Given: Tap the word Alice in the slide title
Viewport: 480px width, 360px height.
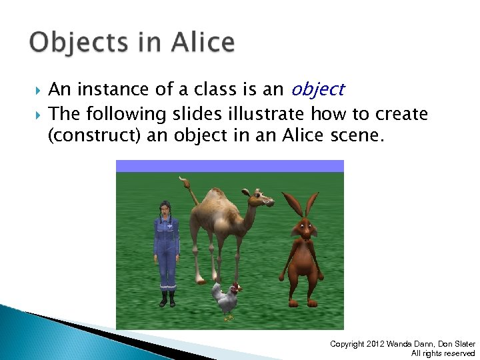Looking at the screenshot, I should point(203,42).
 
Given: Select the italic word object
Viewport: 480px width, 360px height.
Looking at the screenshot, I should point(317,89).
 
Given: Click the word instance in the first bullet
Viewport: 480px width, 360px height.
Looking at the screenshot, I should point(113,89).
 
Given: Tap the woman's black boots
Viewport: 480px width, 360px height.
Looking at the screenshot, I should point(167,298).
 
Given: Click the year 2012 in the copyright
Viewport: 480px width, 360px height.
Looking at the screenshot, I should point(377,344).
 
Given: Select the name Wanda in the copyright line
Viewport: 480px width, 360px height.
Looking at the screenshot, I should point(403,344).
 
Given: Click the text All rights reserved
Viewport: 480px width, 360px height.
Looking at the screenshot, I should point(443,353).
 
